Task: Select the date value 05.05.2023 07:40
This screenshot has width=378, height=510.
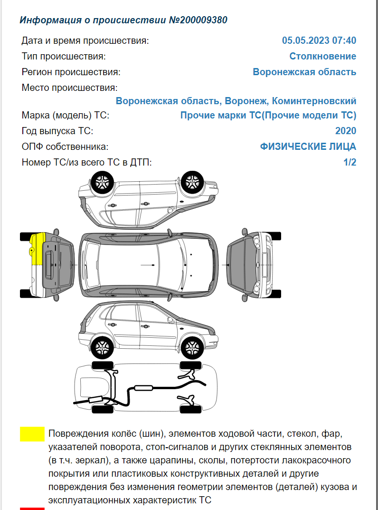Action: tap(319, 40)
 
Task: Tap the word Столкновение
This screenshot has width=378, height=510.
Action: tap(322, 56)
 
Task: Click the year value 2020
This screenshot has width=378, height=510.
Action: tap(345, 131)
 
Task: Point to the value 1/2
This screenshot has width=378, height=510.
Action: tap(350, 162)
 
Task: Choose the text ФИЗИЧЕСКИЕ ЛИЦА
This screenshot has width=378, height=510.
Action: tap(308, 147)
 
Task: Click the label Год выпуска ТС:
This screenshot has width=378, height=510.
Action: tap(57, 131)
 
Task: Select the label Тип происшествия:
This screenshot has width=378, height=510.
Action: tap(64, 56)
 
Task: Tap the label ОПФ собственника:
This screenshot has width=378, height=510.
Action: tap(65, 147)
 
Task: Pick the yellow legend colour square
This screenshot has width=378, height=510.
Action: tap(32, 434)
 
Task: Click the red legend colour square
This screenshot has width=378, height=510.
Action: tap(32, 508)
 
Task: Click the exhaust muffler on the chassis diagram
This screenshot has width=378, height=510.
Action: tap(142, 388)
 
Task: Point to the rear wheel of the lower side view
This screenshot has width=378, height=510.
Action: tap(102, 346)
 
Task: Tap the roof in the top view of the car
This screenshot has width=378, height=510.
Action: tap(138, 264)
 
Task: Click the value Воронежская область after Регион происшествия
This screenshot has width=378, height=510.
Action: tap(304, 72)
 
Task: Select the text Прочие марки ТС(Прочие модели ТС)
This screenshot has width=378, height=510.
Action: tap(268, 115)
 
